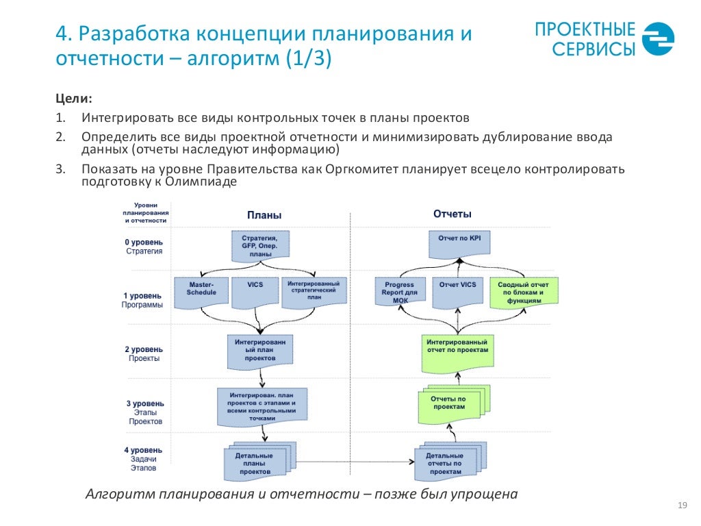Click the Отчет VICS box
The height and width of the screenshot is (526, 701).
coord(458,288)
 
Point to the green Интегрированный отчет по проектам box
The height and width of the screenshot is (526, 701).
coord(457,348)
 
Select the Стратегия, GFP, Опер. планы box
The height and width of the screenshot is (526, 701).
coord(261,245)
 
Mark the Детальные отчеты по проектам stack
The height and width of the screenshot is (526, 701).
coord(447,463)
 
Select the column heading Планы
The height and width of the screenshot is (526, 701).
coord(264,214)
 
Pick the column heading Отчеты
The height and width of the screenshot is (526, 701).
coord(453,214)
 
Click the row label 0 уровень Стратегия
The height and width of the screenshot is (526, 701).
coord(144,247)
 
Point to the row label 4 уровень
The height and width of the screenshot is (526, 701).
coord(144,450)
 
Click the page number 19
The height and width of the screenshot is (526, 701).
coord(681,505)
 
